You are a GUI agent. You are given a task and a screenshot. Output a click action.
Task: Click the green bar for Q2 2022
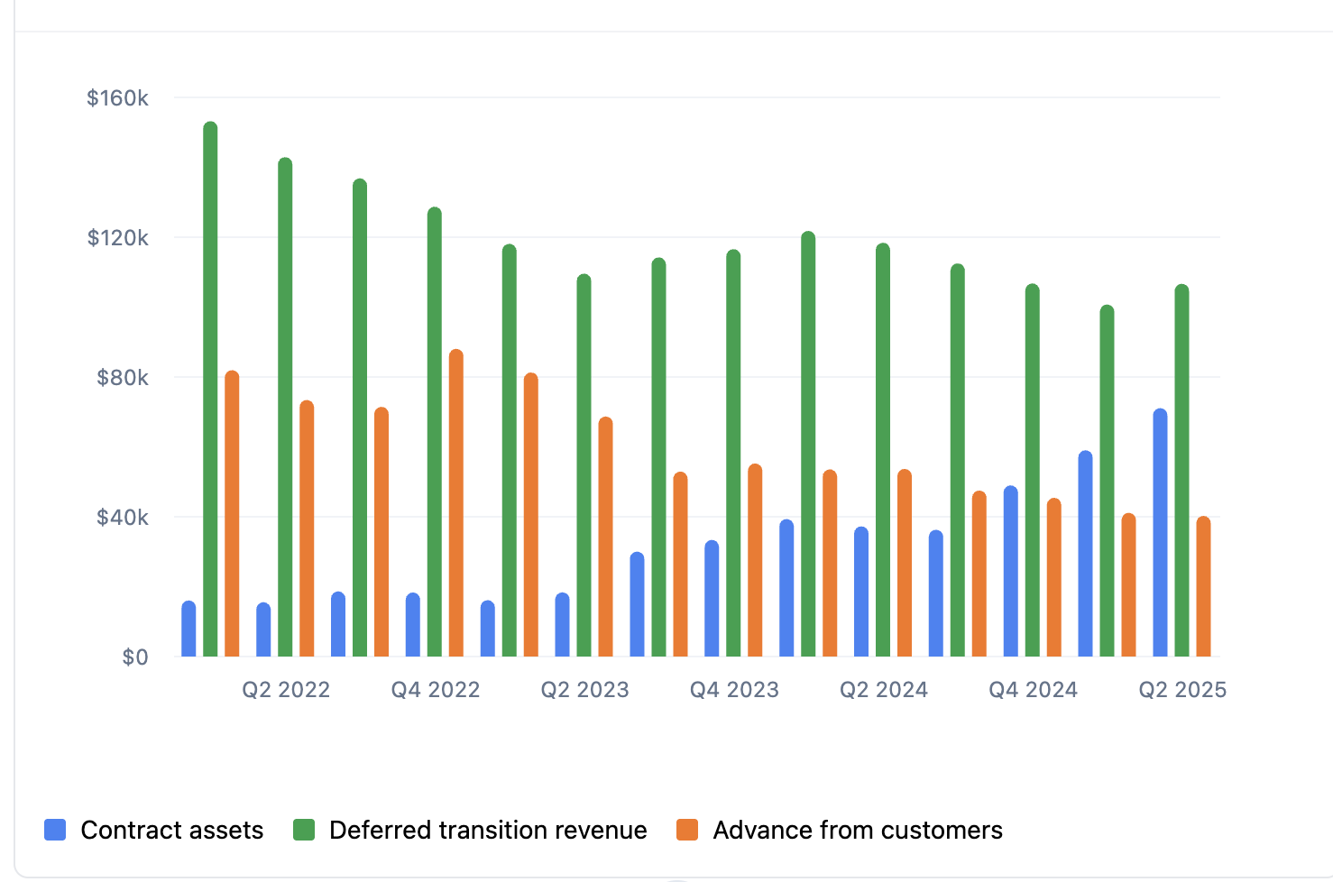point(285,406)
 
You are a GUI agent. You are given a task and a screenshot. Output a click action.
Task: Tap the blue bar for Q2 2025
point(1160,532)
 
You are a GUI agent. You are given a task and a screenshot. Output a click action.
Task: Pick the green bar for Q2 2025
point(1181,470)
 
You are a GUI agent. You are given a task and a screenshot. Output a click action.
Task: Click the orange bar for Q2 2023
point(605,537)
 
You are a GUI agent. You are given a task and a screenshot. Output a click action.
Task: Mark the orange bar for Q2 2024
point(905,563)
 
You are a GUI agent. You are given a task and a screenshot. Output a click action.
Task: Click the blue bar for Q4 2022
point(413,624)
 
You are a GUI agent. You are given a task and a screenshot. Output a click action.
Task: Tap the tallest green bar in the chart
point(210,389)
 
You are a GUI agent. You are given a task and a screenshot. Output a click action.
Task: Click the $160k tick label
point(117,97)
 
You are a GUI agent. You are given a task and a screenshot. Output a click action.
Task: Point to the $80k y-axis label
point(123,378)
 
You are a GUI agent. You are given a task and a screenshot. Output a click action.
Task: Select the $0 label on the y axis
point(135,657)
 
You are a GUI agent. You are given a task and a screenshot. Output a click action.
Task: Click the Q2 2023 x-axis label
point(584,690)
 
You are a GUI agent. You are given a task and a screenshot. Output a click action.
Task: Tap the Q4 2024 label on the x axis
point(1033,690)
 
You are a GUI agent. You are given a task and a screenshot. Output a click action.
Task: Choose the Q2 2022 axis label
point(286,690)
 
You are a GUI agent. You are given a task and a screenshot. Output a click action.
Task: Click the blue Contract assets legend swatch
point(55,830)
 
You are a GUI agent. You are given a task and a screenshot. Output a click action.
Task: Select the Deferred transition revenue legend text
point(488,830)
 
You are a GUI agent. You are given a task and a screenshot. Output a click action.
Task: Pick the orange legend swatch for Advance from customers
point(687,830)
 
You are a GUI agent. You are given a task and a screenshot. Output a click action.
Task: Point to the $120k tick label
point(117,238)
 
